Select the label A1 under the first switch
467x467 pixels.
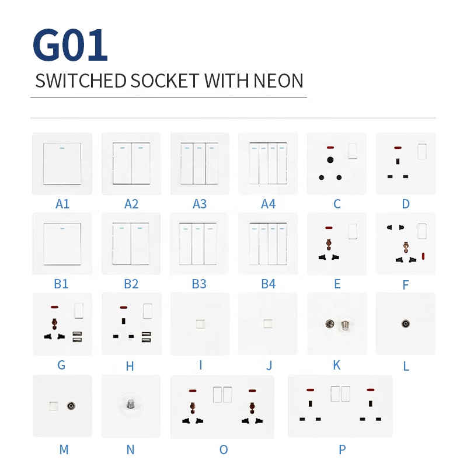(62, 204)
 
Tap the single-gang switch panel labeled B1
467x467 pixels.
(62, 244)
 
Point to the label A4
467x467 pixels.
(268, 204)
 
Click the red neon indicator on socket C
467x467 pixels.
(330, 147)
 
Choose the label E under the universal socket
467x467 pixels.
(337, 284)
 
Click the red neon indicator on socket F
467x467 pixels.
(423, 256)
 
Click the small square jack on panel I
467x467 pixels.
(200, 323)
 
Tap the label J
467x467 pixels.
(269, 366)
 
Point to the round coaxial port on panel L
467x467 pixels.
(405, 323)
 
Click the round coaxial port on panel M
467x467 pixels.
(71, 405)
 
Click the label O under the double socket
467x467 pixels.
(223, 449)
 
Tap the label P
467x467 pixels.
(342, 449)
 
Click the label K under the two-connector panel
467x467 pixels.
(336, 365)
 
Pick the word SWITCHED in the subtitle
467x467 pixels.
(75, 81)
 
